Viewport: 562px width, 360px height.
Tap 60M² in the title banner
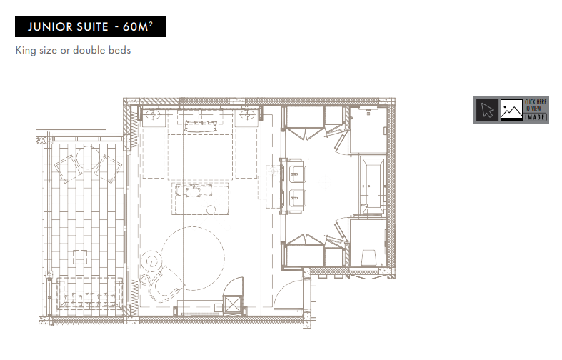coord(138,26)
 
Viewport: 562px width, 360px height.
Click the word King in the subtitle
coord(26,50)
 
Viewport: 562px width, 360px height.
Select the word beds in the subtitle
coord(120,50)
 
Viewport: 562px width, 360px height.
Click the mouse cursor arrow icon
coord(487,110)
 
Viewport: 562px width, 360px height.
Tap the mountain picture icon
coord(511,109)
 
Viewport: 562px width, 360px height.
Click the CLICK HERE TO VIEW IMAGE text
coord(536,109)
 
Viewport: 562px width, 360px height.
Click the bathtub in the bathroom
coord(373,185)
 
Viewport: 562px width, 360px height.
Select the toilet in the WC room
coord(369,257)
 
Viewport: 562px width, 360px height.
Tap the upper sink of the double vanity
coord(297,174)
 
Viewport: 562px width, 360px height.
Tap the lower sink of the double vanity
coord(297,198)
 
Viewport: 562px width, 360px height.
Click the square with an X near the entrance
coord(232,305)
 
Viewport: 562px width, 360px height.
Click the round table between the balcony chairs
coord(87,157)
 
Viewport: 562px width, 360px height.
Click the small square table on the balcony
coord(80,256)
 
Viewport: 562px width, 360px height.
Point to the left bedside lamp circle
coord(153,115)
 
